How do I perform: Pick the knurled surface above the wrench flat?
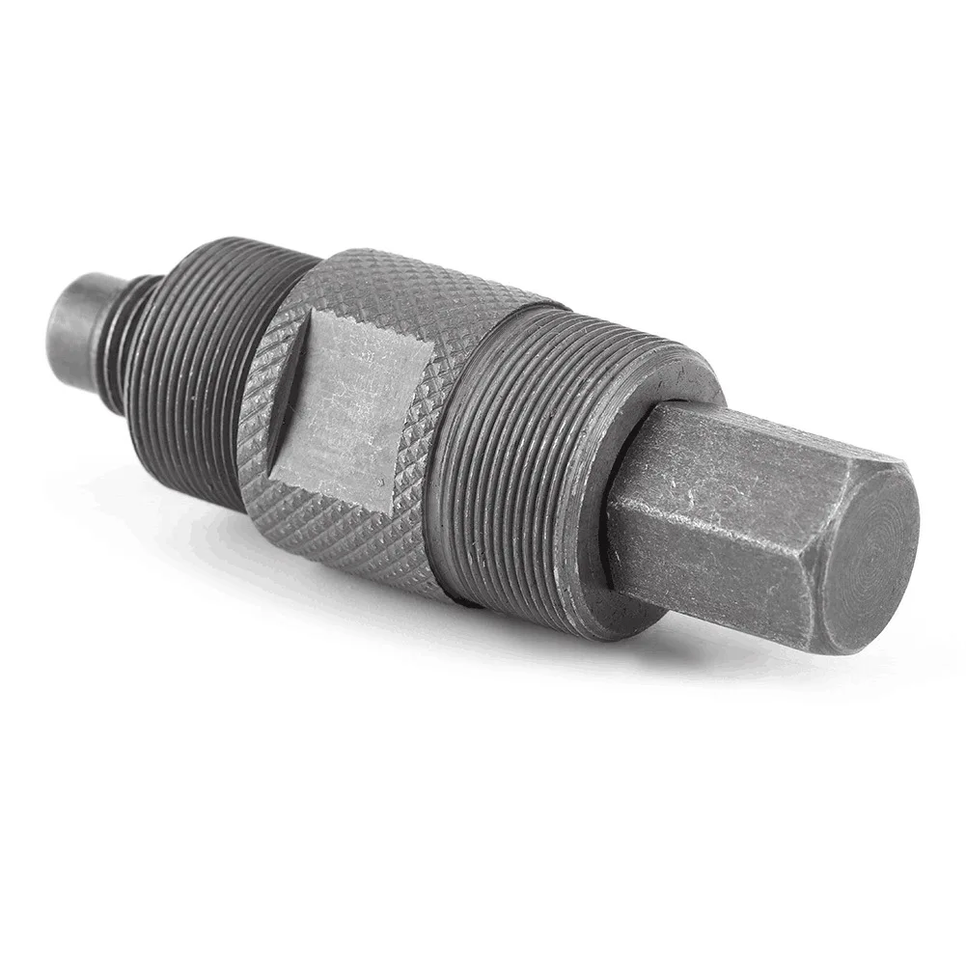pos(405,290)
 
